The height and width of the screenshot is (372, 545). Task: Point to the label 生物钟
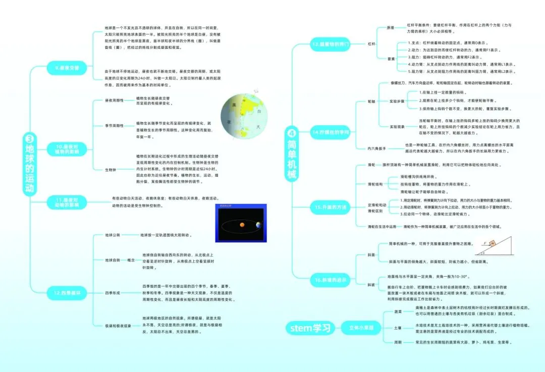[111, 170]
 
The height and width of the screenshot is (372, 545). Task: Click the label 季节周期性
[114, 125]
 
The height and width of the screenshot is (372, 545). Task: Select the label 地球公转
[113, 235]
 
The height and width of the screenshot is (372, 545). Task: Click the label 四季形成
[113, 293]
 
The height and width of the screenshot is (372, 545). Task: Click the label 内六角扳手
[377, 148]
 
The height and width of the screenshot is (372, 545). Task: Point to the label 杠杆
[372, 44]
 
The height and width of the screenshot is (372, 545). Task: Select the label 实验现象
[397, 126]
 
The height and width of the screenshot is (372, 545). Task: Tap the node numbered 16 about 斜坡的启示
[331, 279]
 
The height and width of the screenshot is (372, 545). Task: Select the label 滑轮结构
[375, 184]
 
